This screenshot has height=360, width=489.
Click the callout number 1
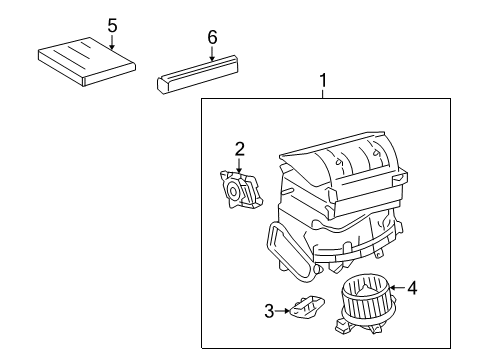click(x=322, y=78)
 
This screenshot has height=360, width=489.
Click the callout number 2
click(x=240, y=149)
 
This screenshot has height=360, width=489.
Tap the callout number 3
click(x=268, y=312)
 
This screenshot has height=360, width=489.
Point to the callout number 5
click(x=112, y=25)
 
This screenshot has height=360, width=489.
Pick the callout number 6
click(x=212, y=37)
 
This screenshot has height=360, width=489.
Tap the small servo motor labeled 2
click(x=241, y=189)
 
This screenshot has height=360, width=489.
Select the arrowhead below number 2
click(x=240, y=169)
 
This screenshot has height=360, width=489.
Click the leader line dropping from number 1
click(x=322, y=93)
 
